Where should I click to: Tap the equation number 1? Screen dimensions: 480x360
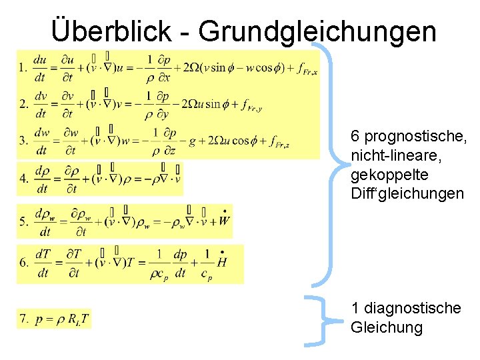pos(23,68)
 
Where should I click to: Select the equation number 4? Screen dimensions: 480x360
pos(23,179)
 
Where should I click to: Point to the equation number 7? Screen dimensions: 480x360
pos(23,319)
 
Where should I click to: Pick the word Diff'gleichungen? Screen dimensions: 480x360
pos(406,194)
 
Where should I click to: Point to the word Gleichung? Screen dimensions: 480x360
pos(386,327)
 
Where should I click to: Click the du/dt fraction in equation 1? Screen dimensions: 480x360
pos(40,68)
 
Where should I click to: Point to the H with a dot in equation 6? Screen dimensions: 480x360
pos(221,261)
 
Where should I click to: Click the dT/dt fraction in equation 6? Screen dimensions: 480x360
pos(43,263)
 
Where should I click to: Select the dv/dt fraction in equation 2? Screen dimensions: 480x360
pos(40,105)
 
